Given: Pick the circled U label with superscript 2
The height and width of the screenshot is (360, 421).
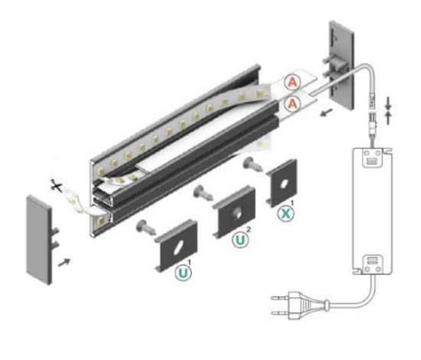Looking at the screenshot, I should pyautogui.click(x=239, y=241).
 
